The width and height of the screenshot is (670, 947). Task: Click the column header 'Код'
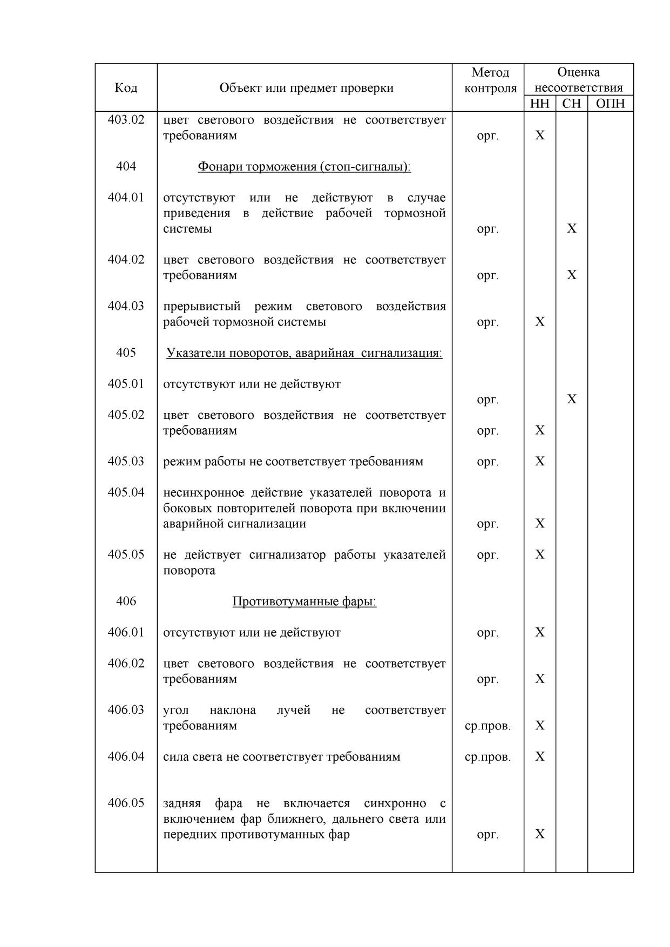click(x=126, y=87)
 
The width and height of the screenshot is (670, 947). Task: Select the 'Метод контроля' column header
click(x=490, y=80)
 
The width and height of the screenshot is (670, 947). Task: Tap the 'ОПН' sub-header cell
click(x=610, y=104)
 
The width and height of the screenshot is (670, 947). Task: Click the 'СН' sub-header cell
click(x=571, y=104)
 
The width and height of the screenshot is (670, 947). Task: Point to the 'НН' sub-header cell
click(x=539, y=104)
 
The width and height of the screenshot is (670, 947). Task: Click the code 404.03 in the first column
click(x=126, y=306)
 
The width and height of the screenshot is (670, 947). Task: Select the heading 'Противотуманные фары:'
click(x=304, y=601)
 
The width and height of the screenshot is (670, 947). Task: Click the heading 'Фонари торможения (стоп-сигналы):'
click(x=304, y=166)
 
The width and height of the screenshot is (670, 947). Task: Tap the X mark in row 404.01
click(x=572, y=228)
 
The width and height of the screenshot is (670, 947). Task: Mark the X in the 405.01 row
click(x=572, y=400)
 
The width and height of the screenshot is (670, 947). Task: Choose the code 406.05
click(x=126, y=803)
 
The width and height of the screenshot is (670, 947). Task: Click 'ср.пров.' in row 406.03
click(x=488, y=726)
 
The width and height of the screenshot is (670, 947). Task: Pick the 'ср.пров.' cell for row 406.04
click(x=488, y=757)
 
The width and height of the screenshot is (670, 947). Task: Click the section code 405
click(x=126, y=353)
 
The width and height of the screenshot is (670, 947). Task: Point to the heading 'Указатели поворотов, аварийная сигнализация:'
click(x=304, y=353)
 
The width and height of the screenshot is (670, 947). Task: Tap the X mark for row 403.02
click(x=540, y=135)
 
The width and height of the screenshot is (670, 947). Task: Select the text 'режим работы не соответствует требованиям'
click(x=293, y=462)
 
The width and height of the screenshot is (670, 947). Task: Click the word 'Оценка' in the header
click(x=578, y=72)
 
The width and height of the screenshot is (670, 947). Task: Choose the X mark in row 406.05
click(x=540, y=834)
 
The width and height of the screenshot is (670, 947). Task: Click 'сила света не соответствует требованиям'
click(x=282, y=757)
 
